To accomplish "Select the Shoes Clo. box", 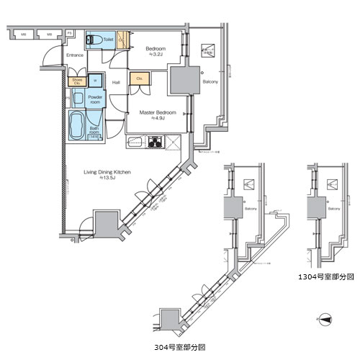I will [76, 81].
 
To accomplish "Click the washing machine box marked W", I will [95, 81].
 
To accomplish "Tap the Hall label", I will [115, 82].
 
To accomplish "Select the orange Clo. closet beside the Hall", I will [138, 79].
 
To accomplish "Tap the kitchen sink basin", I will [134, 142].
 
